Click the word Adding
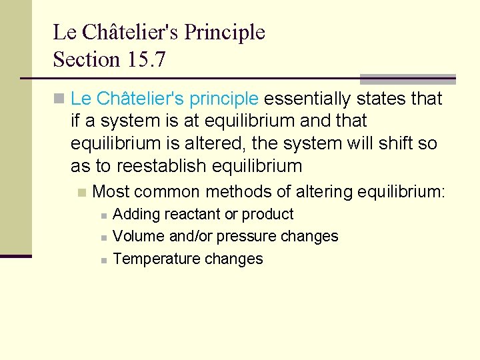133,215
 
